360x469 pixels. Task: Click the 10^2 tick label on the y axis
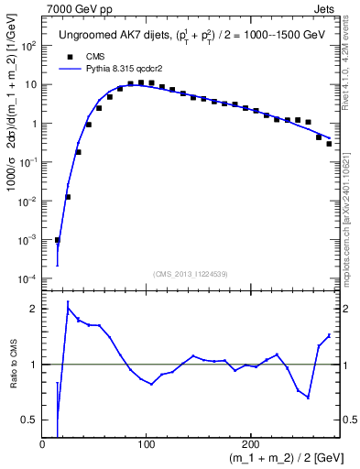pos(28,45)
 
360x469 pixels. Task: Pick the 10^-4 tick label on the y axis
pos(28,278)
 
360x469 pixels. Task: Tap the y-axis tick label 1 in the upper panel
pos(33,123)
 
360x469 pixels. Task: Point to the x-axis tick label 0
pos(42,443)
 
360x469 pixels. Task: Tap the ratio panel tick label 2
pos(32,310)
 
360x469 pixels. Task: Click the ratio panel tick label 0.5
pos(29,420)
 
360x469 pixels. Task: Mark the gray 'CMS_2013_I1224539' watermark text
pos(191,272)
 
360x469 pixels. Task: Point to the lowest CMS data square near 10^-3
pos(58,240)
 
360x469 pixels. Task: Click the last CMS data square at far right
pos(329,143)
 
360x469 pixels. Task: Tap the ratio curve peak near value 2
pos(68,308)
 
